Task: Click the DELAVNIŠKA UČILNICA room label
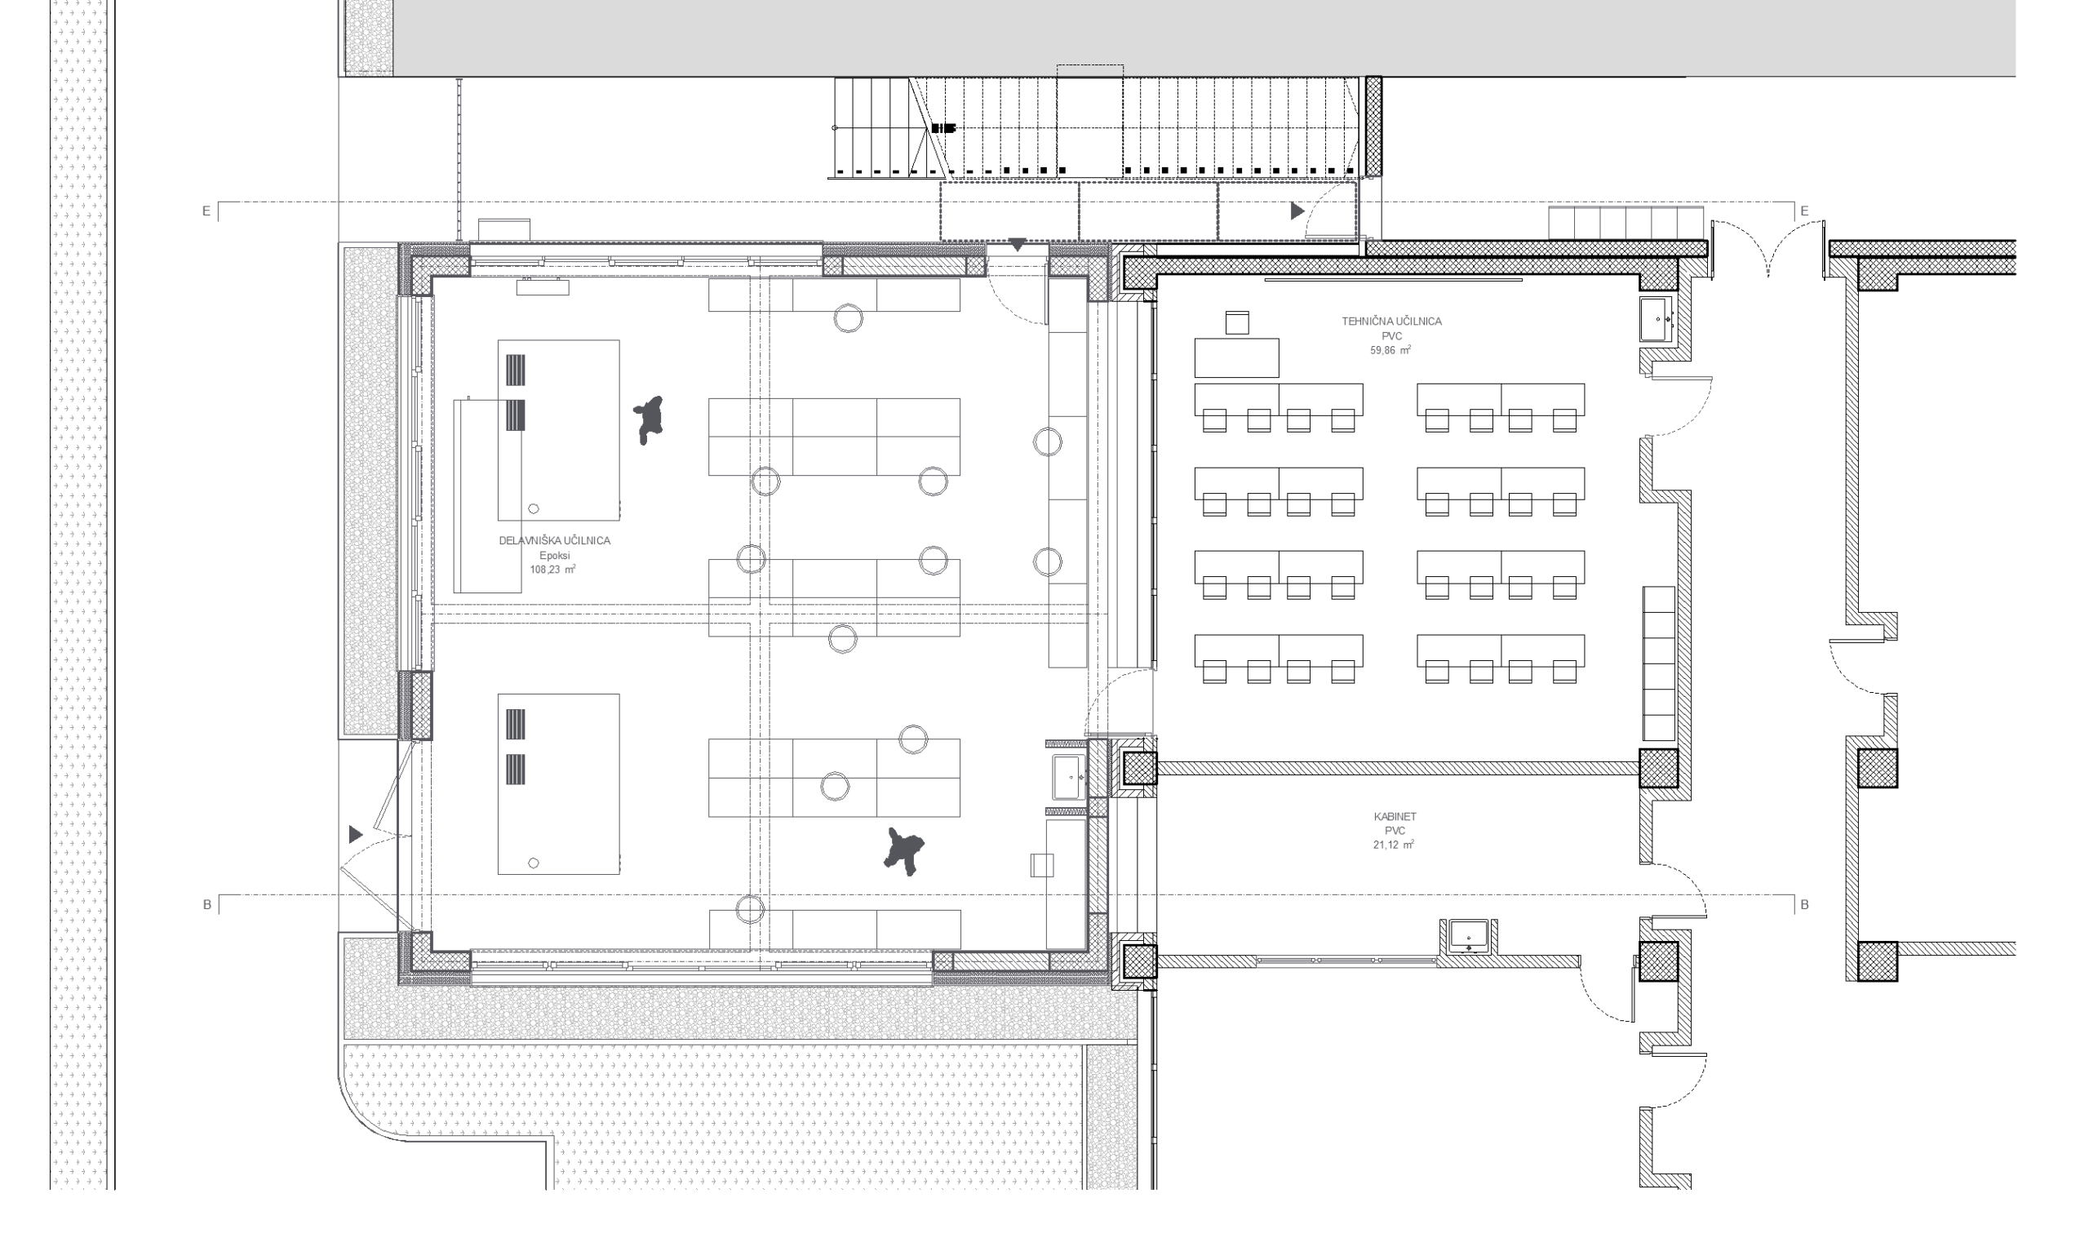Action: click(x=555, y=540)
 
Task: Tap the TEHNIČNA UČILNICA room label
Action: click(x=1391, y=321)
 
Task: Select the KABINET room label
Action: click(x=1395, y=817)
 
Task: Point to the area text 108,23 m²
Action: click(x=553, y=570)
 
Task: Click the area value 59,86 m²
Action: click(x=1391, y=350)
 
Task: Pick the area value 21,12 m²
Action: click(x=1395, y=845)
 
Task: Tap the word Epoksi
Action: click(x=555, y=556)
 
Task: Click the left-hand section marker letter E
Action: click(x=206, y=211)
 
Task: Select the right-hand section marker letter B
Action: click(x=1805, y=904)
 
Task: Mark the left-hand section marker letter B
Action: click(x=206, y=904)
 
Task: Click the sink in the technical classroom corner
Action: click(x=1657, y=318)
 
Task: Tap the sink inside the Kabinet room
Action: click(x=1469, y=935)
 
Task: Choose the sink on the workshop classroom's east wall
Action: click(x=1068, y=778)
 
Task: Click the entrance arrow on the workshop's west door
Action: click(x=356, y=833)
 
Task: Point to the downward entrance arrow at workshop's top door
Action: click(x=1017, y=245)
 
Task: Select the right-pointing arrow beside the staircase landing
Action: click(x=1297, y=211)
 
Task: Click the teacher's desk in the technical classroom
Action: click(x=1237, y=358)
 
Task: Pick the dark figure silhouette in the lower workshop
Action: click(x=904, y=851)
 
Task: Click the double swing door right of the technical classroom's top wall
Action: click(x=1768, y=251)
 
